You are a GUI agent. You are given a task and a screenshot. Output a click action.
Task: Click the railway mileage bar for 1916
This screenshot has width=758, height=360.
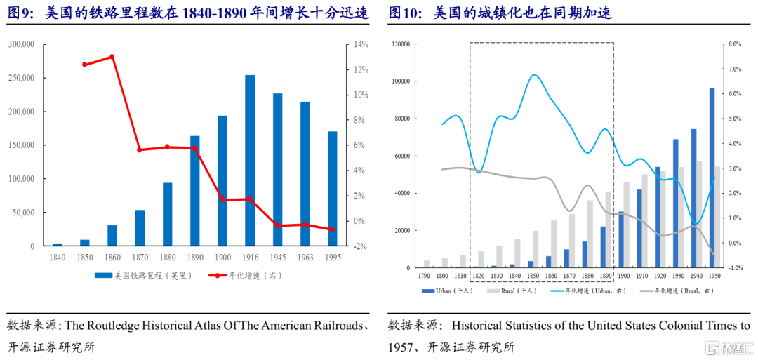tap(250, 161)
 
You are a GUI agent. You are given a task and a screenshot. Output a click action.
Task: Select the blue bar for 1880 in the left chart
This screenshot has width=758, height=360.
tap(168, 214)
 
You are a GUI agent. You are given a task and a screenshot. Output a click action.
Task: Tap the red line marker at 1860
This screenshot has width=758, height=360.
tap(112, 57)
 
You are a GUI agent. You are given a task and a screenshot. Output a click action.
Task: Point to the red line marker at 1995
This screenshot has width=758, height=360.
tap(333, 229)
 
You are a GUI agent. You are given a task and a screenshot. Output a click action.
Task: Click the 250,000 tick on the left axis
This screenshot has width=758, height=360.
tap(21, 78)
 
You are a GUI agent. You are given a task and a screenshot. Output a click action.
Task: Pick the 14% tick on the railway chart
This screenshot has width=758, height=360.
tap(361, 44)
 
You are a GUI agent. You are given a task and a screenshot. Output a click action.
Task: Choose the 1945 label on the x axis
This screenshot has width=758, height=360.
tap(277, 258)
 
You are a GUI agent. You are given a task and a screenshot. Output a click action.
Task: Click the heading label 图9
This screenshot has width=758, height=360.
tap(22, 13)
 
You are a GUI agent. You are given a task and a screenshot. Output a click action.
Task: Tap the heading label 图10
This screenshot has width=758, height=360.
tap(404, 13)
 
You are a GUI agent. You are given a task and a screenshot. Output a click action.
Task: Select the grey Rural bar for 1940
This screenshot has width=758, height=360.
tap(699, 214)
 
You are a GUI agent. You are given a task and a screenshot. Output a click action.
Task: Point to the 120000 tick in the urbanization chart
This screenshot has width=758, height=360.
tap(400, 44)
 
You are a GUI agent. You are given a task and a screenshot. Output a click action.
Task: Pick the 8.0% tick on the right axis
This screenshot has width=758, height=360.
tap(735, 44)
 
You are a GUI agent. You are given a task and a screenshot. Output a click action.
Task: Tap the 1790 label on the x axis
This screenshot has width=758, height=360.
tap(425, 275)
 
